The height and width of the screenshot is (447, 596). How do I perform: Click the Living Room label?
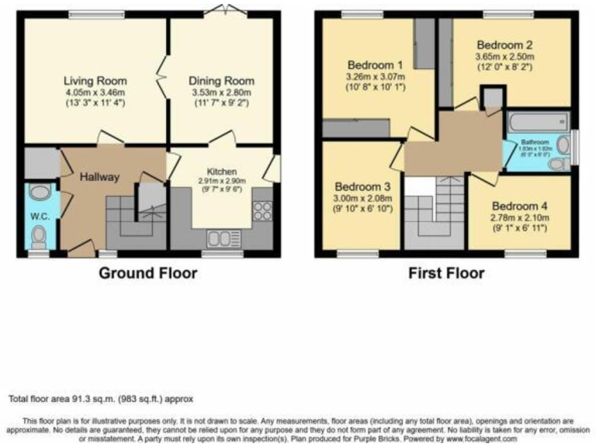tap(95, 81)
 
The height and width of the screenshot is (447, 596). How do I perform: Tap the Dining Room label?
tap(221, 81)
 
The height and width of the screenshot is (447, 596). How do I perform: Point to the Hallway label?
tap(100, 177)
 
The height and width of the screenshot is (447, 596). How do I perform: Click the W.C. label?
tap(39, 217)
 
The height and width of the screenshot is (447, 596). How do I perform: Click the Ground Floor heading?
tap(147, 273)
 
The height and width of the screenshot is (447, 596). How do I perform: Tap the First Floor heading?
tap(445, 273)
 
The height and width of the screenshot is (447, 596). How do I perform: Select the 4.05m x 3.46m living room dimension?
tap(95, 92)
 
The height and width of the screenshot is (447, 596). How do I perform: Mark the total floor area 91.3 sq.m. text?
tap(101, 399)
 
